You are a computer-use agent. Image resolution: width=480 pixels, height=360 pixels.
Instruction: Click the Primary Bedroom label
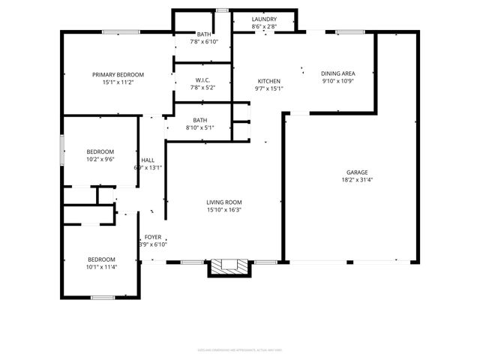click(x=118, y=74)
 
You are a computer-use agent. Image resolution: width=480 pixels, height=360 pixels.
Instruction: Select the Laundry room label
click(x=264, y=19)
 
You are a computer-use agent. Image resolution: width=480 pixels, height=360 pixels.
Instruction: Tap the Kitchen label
click(x=268, y=81)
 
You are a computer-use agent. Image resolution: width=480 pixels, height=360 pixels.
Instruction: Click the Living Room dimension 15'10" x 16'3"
click(x=224, y=209)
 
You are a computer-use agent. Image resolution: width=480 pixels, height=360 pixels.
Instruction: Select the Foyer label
click(x=153, y=237)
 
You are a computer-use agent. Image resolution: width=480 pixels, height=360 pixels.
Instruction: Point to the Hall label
click(x=148, y=160)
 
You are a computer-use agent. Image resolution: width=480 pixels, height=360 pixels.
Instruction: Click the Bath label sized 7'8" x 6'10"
click(x=203, y=34)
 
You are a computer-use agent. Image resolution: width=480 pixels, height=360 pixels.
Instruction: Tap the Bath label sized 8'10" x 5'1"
click(x=200, y=120)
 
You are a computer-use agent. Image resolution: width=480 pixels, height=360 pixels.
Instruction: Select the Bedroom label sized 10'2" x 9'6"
click(x=100, y=151)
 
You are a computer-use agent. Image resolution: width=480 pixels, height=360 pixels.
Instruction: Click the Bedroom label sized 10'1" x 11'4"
click(x=100, y=259)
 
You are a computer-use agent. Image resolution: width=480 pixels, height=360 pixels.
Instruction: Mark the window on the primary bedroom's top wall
click(x=118, y=31)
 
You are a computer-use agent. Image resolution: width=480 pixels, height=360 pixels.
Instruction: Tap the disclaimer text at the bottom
click(x=239, y=349)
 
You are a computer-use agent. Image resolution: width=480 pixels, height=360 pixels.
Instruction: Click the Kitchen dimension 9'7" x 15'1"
click(x=268, y=88)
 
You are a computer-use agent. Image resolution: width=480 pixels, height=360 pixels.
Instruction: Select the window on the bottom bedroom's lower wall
click(x=102, y=298)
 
